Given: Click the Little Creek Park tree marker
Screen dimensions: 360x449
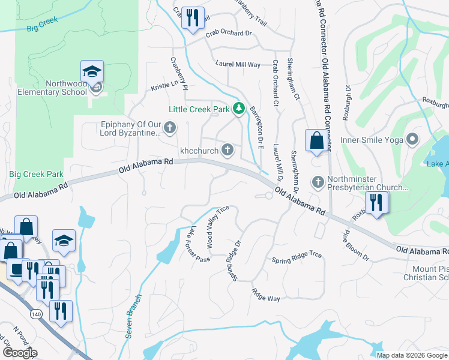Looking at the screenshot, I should coord(240,108).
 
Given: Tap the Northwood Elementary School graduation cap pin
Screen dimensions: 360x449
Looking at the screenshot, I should coord(92,73).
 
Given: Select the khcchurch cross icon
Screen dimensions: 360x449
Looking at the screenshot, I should coord(228,149).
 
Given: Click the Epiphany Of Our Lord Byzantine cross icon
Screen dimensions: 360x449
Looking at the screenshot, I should coord(170,127).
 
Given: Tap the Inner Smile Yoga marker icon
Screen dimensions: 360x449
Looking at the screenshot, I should coord(412,140).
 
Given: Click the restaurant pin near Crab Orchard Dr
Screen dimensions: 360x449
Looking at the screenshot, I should coord(192,18).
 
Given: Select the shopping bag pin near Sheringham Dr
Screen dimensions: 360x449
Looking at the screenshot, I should coord(316,141).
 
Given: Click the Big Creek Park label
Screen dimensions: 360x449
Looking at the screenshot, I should coord(36,175).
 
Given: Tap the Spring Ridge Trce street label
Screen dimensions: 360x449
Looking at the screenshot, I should coord(297,257).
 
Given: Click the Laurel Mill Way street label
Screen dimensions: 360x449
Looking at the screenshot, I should coord(238,64).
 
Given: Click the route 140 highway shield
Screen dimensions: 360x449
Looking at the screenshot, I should coord(34,314).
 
